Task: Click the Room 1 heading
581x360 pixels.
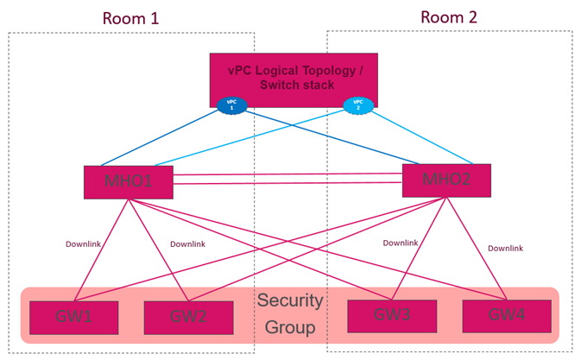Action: [x=130, y=18]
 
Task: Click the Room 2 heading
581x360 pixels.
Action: [x=448, y=16]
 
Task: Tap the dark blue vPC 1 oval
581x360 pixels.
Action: [x=231, y=104]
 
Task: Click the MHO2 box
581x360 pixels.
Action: [x=446, y=180]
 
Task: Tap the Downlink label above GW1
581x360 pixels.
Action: [x=83, y=244]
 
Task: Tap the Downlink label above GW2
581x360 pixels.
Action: [x=187, y=244]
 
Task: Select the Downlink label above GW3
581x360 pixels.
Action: [x=400, y=243]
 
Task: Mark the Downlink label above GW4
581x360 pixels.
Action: [x=505, y=248]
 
